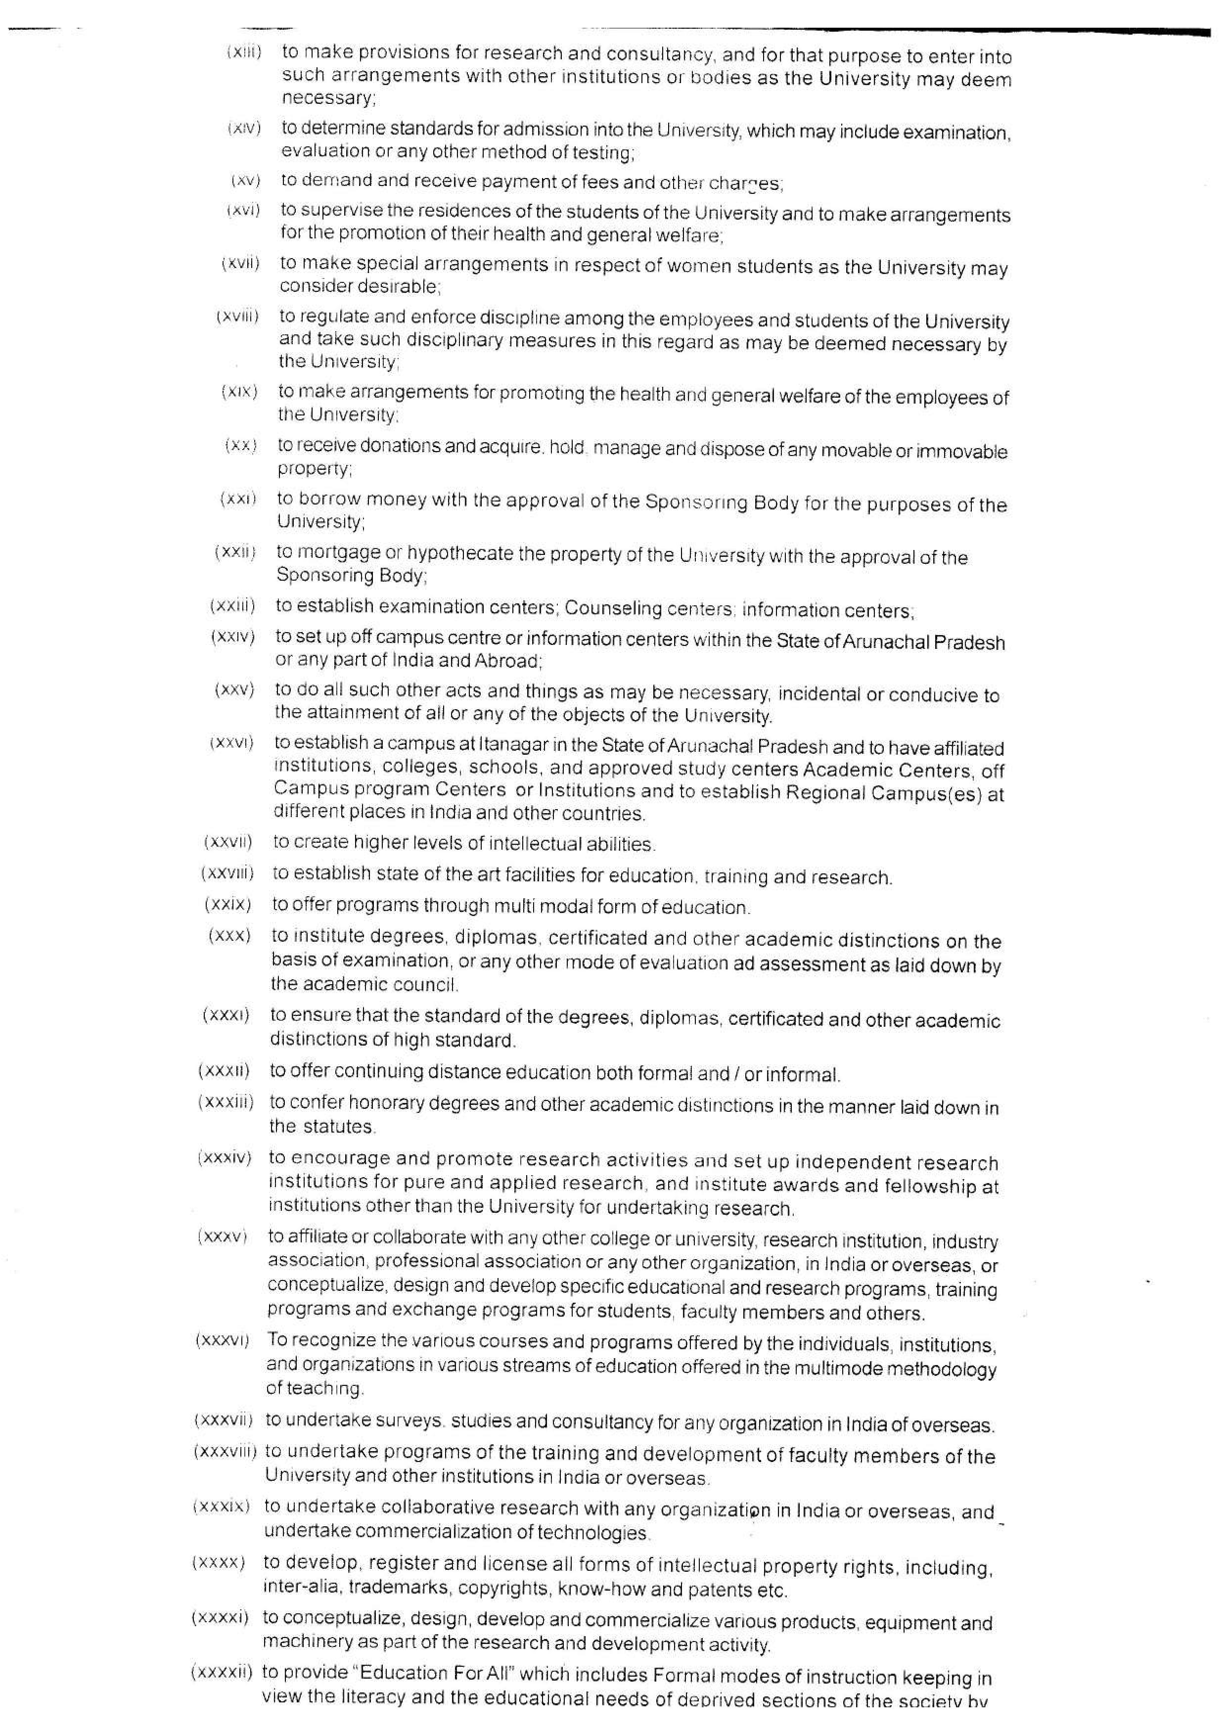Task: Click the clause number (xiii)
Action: [x=244, y=53]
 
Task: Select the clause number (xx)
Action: [x=241, y=446]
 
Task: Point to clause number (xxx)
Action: [x=229, y=936]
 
